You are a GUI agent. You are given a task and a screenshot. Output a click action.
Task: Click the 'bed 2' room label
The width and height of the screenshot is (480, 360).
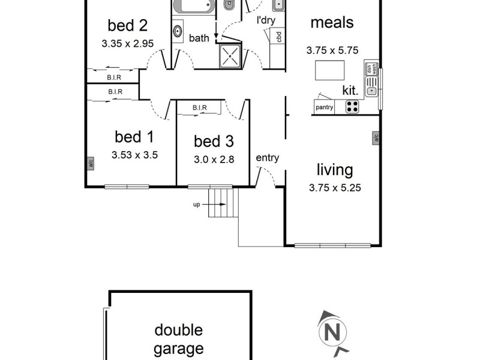(127, 26)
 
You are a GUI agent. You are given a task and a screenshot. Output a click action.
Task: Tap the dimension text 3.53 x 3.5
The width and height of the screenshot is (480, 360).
(134, 155)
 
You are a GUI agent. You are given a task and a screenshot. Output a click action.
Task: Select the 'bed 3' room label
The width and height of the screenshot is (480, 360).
(213, 142)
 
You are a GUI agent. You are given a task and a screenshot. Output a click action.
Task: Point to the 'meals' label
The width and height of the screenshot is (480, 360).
(332, 23)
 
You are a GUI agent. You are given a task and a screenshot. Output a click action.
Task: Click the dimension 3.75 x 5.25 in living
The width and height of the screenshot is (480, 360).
(335, 187)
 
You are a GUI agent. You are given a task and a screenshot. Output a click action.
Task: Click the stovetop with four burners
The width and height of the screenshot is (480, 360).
(353, 107)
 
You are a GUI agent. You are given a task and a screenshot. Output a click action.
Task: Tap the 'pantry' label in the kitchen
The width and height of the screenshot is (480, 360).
(325, 108)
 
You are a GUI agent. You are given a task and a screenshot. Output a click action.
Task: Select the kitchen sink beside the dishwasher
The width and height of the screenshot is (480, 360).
(372, 91)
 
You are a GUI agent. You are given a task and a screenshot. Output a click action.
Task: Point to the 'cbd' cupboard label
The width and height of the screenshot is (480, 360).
(279, 37)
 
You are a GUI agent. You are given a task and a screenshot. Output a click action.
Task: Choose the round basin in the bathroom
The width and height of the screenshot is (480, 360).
(179, 31)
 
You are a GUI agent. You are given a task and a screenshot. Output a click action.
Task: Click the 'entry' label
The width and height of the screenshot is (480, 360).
(267, 158)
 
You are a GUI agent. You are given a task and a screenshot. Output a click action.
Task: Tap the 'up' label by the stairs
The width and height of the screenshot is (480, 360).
(196, 205)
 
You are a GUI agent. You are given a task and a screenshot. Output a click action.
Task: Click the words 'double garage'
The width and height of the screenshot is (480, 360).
(179, 339)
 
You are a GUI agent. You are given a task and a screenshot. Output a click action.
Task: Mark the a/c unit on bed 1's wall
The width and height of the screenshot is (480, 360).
(90, 163)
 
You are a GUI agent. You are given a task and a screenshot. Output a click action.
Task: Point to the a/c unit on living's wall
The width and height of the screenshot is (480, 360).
(376, 139)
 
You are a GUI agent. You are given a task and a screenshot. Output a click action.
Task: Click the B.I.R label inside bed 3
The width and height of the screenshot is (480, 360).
(200, 108)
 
